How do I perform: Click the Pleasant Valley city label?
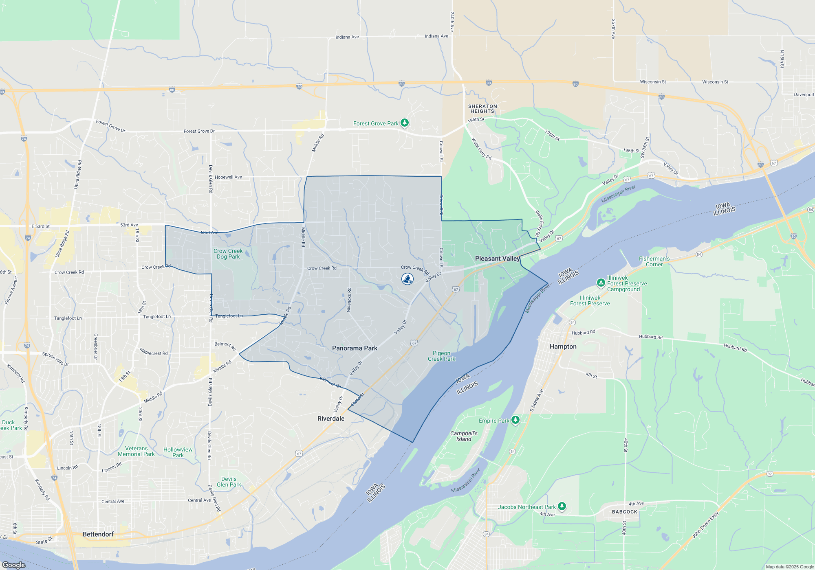497,259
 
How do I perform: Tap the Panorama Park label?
355,348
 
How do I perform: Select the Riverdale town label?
331,419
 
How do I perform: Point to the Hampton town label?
563,346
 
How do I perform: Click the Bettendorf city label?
98,534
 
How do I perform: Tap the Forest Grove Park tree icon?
404,123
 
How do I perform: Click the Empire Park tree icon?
515,420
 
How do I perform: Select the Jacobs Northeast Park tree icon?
562,506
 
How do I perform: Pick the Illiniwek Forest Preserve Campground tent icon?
601,283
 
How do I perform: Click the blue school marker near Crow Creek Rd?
407,279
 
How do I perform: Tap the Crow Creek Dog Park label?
228,254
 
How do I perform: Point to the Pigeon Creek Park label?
441,356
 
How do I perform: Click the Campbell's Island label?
464,436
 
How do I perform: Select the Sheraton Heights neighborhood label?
482,109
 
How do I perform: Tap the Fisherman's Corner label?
654,261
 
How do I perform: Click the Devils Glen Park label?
229,482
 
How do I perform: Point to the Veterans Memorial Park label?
136,451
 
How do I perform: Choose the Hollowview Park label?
178,452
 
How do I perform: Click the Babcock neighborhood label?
624,512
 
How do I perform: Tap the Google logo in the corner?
13,565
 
